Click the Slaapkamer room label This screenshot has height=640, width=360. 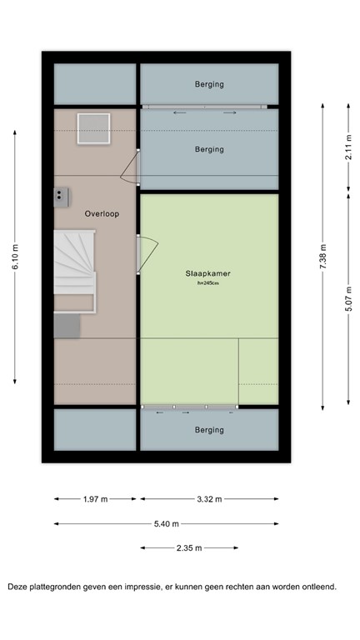click(208, 273)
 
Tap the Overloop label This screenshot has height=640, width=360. click(102, 213)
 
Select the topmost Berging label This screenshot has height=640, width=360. click(209, 84)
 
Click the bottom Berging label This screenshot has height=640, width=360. click(209, 430)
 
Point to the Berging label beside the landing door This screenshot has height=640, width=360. click(209, 150)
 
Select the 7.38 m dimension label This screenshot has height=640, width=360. click(323, 255)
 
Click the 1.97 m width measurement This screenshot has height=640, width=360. click(95, 499)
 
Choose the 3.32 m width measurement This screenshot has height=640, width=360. click(209, 499)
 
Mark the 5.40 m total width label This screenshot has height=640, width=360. click(167, 523)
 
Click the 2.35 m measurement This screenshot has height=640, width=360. click(190, 547)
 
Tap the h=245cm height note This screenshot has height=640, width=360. click(208, 284)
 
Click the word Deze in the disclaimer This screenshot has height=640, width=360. click(19, 587)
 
